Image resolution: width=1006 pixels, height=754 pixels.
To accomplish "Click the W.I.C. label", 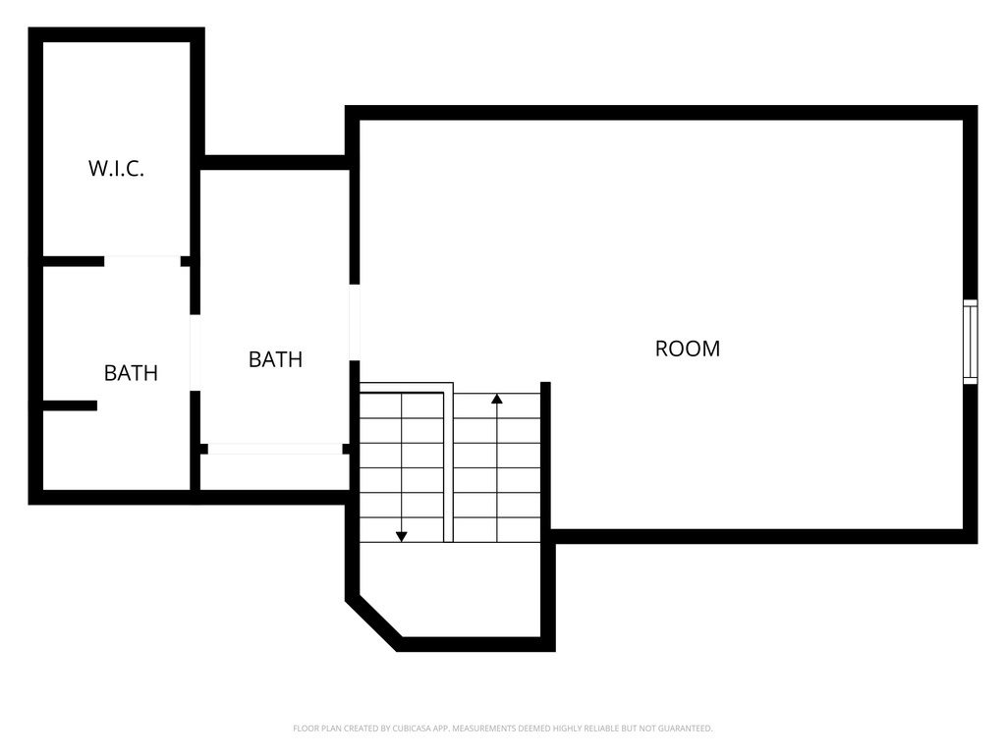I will pyautogui.click(x=116, y=169).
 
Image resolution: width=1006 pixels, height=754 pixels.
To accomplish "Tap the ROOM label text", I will pyautogui.click(x=687, y=349).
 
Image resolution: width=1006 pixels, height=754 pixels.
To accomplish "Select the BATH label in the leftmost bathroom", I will pyautogui.click(x=131, y=373).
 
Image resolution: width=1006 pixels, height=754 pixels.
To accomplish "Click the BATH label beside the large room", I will pyautogui.click(x=275, y=359).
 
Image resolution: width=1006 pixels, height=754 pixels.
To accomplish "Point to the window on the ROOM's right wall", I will pyautogui.click(x=970, y=342).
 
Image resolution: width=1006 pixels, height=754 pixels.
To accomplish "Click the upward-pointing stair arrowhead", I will pyautogui.click(x=497, y=399).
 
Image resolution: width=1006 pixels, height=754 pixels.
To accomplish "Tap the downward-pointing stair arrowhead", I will pyautogui.click(x=401, y=535).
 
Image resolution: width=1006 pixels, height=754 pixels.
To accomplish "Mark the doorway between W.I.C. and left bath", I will pyautogui.click(x=142, y=261).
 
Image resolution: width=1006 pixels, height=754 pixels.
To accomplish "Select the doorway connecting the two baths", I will pyautogui.click(x=196, y=352).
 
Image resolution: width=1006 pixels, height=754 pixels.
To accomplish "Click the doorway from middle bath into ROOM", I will pyautogui.click(x=355, y=322).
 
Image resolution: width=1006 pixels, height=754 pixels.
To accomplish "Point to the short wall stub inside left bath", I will pyautogui.click(x=70, y=405).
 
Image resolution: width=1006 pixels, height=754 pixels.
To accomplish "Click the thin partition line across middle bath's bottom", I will pyautogui.click(x=275, y=449).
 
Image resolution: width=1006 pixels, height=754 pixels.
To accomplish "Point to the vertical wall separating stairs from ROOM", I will pyautogui.click(x=545, y=457).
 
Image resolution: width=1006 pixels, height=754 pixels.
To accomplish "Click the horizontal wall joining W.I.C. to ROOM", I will pyautogui.click(x=275, y=162).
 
